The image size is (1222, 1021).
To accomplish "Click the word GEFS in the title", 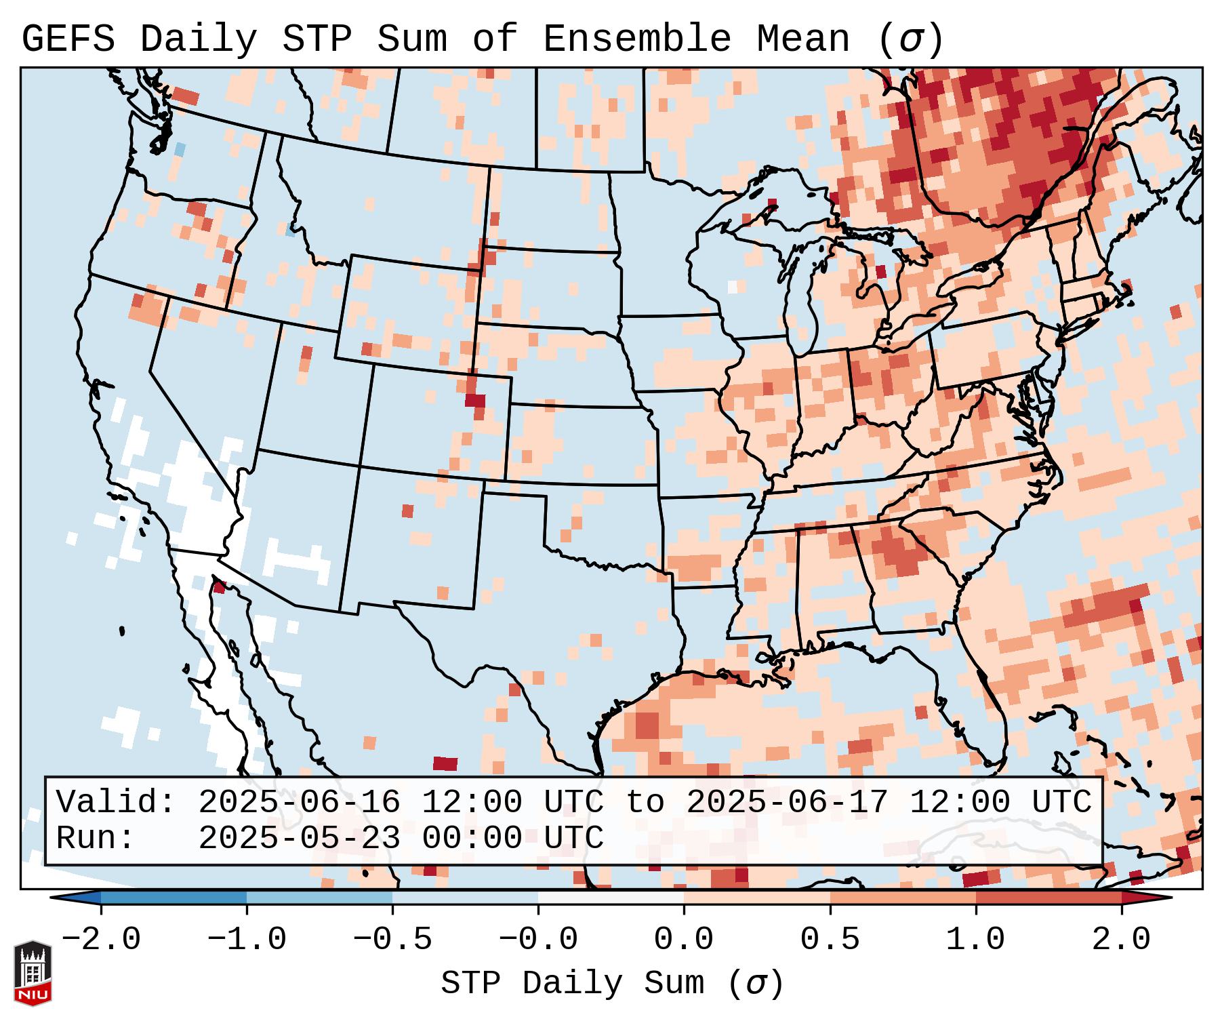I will pos(68,39).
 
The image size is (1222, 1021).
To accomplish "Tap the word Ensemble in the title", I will pos(637,39).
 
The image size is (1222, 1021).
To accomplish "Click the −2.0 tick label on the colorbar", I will pos(101,940).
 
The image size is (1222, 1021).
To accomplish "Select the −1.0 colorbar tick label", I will pos(247,940).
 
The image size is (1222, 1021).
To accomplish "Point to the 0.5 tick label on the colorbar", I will pos(830,940).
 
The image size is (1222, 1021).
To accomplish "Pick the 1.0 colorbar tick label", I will pos(976,940).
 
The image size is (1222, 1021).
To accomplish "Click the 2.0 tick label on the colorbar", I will pos(1122,940).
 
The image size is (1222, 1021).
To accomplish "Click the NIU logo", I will pos(33,973).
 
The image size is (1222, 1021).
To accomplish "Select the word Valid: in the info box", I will pos(116,802).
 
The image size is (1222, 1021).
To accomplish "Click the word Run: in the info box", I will pos(96,838).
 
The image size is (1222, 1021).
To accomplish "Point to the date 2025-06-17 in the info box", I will pos(787,802).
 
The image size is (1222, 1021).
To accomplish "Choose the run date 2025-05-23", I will pos(299,838).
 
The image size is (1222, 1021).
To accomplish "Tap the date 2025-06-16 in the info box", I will pos(299,802).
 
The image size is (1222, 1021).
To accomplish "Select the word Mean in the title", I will pos(802,39).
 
